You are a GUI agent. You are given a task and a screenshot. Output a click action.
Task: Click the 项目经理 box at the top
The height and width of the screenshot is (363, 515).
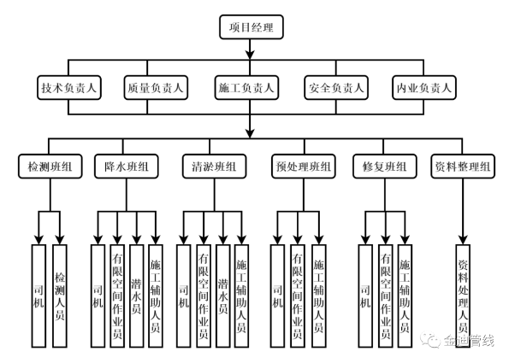(251, 28)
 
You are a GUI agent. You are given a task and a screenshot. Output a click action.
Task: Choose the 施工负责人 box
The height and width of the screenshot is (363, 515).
(247, 87)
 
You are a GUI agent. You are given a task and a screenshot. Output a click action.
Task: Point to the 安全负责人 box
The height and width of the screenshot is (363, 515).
(336, 87)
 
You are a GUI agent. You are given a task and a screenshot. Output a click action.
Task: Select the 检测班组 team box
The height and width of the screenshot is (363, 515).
(50, 165)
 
